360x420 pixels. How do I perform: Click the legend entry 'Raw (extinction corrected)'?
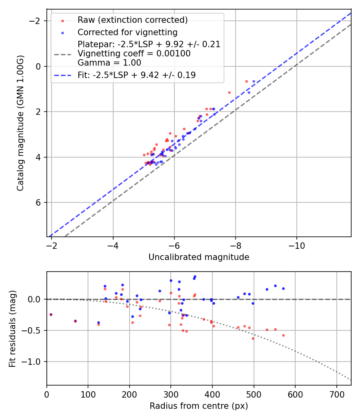[x=132, y=20]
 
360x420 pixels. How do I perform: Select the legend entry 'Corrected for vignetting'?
[x=127, y=32]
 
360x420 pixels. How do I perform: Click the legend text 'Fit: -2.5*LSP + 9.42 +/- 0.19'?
[x=136, y=75]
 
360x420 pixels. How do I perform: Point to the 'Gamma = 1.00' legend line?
[x=109, y=62]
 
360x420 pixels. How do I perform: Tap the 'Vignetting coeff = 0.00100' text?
[x=134, y=54]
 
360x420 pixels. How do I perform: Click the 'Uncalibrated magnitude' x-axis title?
[x=199, y=257]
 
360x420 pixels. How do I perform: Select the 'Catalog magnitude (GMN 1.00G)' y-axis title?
[x=20, y=123]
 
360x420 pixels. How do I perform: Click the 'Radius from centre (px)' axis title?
[x=199, y=406]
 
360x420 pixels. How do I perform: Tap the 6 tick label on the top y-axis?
[x=39, y=203]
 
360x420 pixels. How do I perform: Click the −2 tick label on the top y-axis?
[x=37, y=21]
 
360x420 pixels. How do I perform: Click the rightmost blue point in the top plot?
[x=254, y=81]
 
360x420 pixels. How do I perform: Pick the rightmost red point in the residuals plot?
[x=283, y=335]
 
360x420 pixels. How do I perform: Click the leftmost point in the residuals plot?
[x=51, y=314]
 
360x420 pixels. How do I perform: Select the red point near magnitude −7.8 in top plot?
[x=229, y=92]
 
